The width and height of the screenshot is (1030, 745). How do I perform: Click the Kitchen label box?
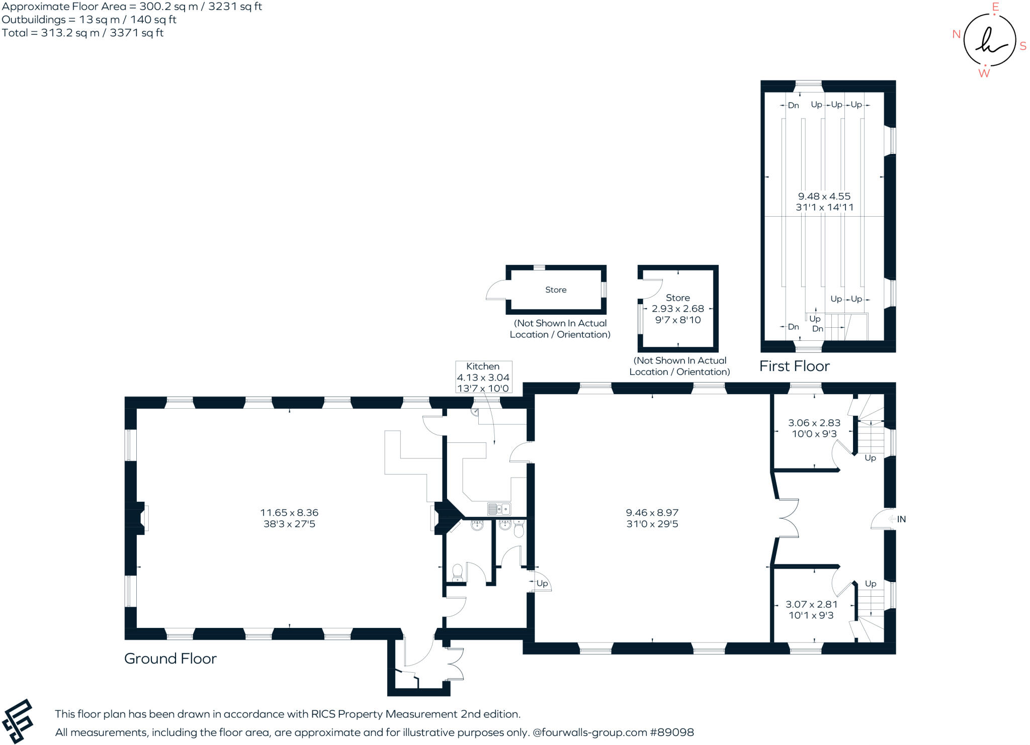point(483,377)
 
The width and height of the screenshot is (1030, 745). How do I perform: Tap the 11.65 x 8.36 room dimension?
point(289,513)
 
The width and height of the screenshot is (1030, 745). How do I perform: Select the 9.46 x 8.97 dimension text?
point(652,513)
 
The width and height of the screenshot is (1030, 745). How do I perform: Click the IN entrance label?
point(901,519)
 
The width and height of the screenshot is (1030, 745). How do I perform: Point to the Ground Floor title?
point(170,659)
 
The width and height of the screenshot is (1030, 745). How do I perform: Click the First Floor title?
point(795,366)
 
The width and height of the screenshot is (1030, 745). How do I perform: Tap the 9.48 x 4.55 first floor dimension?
point(824,197)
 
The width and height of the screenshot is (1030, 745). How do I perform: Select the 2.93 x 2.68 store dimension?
point(678,309)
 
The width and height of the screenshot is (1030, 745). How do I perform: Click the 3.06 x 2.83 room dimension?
point(814,423)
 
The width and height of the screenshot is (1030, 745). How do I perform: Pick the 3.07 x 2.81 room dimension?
point(812,604)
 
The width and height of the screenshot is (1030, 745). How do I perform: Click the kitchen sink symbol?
point(499,509)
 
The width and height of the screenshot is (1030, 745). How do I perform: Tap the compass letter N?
point(957,34)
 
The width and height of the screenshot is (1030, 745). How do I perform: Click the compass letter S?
point(1023,46)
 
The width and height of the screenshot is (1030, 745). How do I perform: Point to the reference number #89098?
point(672,732)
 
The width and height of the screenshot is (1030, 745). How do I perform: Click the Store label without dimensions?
point(556,290)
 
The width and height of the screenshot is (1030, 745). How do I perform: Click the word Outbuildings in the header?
point(34,20)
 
